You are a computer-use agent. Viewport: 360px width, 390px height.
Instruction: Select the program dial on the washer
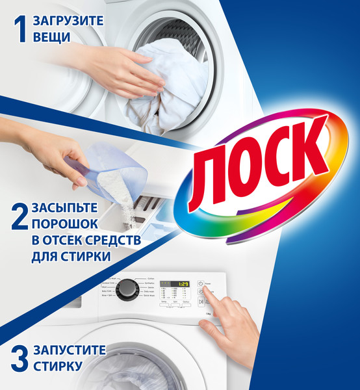coord(127,290)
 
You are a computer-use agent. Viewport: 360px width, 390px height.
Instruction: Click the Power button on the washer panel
coord(201,284)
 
